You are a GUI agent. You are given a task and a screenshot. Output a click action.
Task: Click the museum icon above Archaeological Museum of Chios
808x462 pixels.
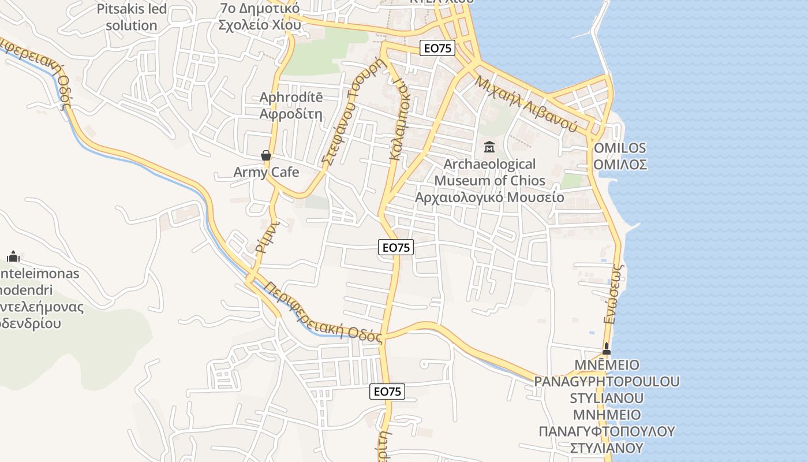pyautogui.click(x=489, y=147)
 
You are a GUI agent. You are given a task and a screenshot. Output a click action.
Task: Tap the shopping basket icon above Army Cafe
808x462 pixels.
pyautogui.click(x=266, y=155)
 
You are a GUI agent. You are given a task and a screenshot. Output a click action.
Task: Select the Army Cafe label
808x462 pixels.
pyautogui.click(x=266, y=172)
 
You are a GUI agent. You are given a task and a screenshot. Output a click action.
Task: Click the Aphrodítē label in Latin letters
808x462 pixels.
pyautogui.click(x=291, y=97)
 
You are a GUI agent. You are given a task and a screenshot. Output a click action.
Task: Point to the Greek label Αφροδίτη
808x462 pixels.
pyautogui.click(x=291, y=113)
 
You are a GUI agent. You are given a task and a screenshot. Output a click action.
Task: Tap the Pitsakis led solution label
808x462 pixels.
pyautogui.click(x=132, y=17)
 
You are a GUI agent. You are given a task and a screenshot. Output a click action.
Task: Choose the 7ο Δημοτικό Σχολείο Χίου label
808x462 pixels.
pyautogui.click(x=260, y=17)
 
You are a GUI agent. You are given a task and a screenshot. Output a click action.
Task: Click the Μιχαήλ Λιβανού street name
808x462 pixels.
pyautogui.click(x=526, y=103)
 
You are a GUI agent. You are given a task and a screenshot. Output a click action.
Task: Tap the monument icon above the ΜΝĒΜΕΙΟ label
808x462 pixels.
pyautogui.click(x=606, y=349)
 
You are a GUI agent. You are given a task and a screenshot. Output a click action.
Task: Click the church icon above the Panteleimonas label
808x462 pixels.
pyautogui.click(x=13, y=256)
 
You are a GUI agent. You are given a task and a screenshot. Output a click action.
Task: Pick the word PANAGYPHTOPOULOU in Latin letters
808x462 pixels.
pyautogui.click(x=607, y=382)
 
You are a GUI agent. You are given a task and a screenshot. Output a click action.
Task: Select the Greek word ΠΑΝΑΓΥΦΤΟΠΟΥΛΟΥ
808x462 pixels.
pyautogui.click(x=607, y=431)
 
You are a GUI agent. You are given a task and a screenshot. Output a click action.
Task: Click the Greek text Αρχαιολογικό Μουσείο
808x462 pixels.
pyautogui.click(x=489, y=197)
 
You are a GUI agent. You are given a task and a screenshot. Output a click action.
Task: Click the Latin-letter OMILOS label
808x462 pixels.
pyautogui.click(x=620, y=148)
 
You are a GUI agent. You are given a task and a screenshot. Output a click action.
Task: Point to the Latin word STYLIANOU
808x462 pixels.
pyautogui.click(x=607, y=398)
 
